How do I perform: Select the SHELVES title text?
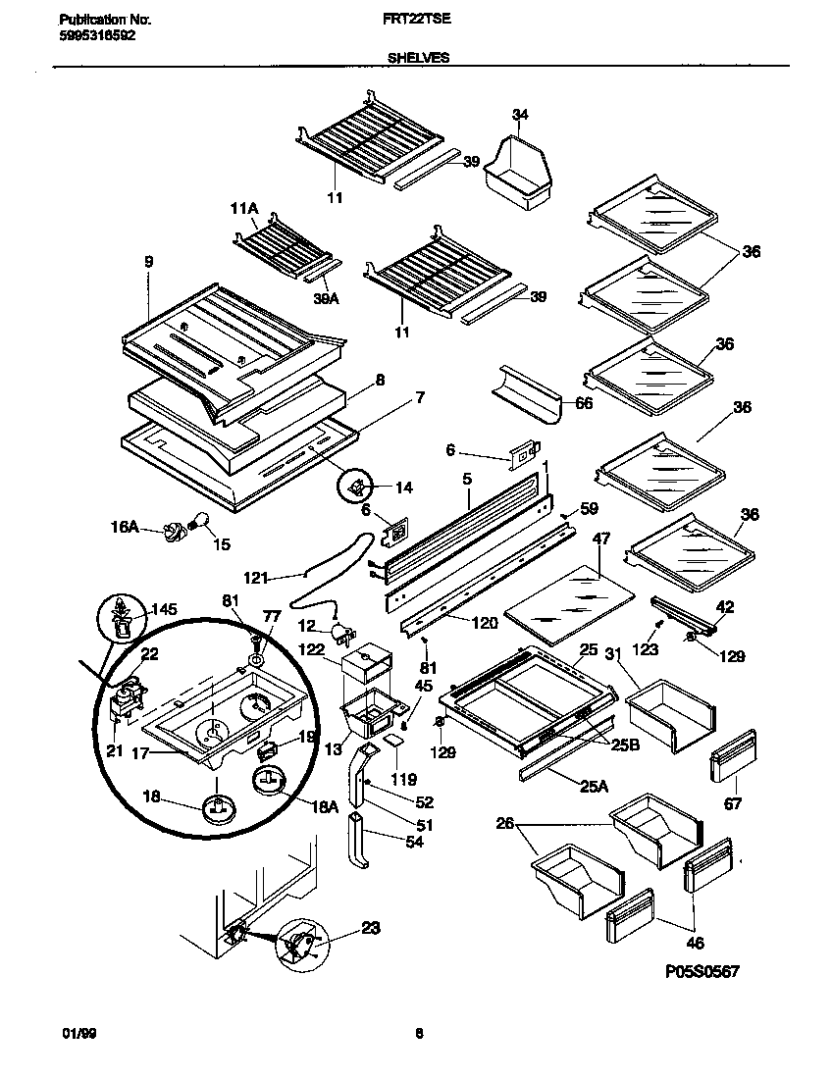[418, 58]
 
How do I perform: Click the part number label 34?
[520, 115]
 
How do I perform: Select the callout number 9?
[148, 262]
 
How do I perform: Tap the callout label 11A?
[243, 208]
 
